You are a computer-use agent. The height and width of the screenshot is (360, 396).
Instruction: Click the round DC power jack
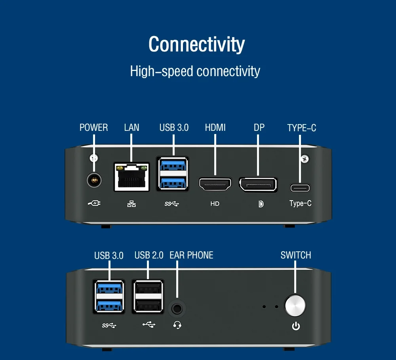click(x=94, y=181)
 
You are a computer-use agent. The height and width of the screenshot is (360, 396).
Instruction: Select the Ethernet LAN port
click(x=131, y=177)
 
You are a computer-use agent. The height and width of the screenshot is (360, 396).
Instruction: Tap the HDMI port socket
click(x=215, y=184)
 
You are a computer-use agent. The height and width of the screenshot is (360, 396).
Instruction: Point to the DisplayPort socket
click(x=258, y=185)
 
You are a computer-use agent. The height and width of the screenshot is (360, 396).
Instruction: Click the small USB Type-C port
click(x=300, y=188)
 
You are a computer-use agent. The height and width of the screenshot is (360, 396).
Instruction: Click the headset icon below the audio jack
click(x=177, y=325)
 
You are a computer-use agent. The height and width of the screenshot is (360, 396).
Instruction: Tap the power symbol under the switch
click(x=296, y=326)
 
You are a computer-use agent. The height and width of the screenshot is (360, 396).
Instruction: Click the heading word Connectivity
click(x=196, y=44)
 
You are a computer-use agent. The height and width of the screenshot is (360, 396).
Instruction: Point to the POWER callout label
click(x=93, y=128)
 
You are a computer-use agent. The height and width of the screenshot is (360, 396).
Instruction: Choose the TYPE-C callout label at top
click(x=301, y=128)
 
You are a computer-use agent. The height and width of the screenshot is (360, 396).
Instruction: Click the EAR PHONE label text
click(x=191, y=255)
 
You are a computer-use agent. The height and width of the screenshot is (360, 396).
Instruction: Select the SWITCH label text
click(x=296, y=255)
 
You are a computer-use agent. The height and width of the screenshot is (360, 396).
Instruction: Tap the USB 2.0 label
click(x=149, y=255)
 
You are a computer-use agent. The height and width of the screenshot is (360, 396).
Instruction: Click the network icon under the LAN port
click(x=131, y=204)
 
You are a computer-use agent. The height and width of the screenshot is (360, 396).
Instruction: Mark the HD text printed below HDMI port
click(x=215, y=204)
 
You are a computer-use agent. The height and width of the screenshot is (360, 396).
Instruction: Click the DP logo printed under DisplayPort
click(x=261, y=204)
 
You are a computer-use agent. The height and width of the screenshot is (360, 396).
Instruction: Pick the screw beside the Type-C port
click(x=305, y=159)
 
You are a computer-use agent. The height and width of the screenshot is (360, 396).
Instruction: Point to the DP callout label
click(x=259, y=128)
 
